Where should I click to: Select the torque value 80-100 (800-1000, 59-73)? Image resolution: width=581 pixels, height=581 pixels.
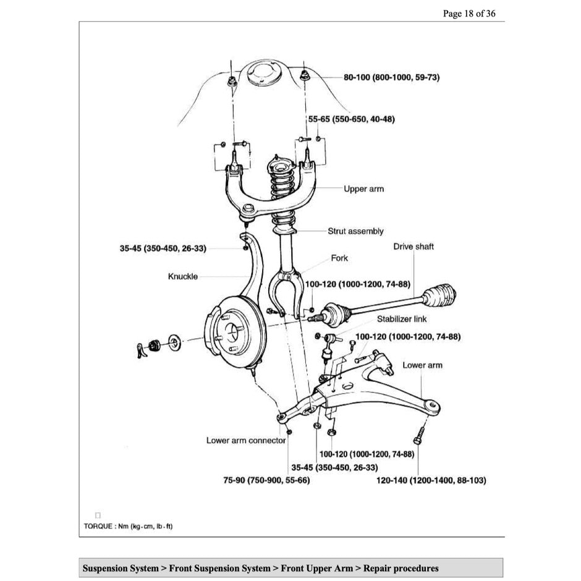pos(391,78)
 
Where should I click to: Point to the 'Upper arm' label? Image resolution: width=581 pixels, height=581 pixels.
pos(363,189)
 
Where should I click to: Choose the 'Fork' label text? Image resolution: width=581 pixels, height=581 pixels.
pos(339,258)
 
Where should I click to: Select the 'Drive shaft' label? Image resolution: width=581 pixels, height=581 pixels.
pos(413,247)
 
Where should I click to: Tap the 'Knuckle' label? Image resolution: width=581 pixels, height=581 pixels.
pos(183,276)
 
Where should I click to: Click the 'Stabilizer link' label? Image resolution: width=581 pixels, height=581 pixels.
pos(402,320)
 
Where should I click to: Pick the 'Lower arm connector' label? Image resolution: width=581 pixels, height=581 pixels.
pos(246,441)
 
